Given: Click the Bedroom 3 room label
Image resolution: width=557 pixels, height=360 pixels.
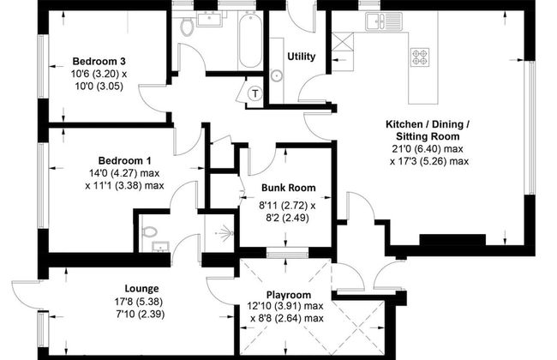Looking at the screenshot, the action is [99, 61].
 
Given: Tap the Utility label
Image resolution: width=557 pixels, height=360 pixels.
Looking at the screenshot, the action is [302, 57].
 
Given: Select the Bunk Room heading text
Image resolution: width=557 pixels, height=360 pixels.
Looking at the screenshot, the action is [289, 188].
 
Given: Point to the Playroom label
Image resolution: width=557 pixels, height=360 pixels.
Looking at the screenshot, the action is [289, 295].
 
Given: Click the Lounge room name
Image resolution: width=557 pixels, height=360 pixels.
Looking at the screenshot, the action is [141, 289].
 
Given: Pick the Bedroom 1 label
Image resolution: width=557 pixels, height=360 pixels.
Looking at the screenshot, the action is [125, 160].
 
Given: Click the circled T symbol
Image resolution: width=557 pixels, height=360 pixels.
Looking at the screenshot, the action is [255, 93].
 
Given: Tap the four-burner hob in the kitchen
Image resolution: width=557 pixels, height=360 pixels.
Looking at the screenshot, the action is [420, 57].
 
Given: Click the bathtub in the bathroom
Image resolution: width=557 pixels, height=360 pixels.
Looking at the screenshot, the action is [250, 39].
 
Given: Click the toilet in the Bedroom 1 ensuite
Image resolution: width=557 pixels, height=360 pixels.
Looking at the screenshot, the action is [150, 232].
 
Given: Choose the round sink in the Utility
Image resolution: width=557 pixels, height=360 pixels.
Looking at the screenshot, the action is [276, 75].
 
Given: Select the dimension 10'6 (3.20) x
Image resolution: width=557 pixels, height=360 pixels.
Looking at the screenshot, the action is [99, 74].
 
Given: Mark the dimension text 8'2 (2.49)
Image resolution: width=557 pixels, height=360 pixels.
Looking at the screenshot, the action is [287, 218].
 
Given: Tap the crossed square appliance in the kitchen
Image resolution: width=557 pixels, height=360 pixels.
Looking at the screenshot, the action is [343, 42].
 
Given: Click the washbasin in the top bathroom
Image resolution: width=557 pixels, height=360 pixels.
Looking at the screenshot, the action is [210, 19].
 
